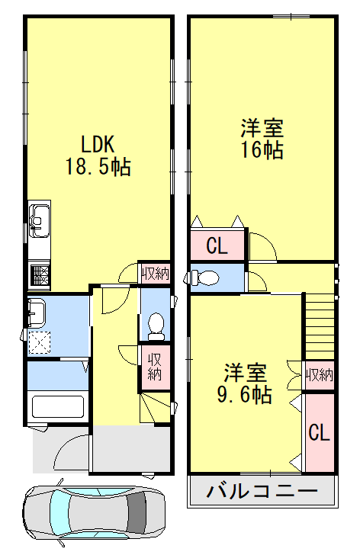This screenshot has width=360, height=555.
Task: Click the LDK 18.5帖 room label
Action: click(x=98, y=156)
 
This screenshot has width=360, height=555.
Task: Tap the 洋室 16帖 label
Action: click(x=262, y=139)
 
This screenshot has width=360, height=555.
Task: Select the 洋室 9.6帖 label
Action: click(x=245, y=383)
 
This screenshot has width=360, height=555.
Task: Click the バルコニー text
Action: click(x=262, y=491)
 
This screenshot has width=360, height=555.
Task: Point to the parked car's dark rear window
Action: click(x=137, y=512)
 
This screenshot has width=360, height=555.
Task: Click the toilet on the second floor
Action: click(x=204, y=277)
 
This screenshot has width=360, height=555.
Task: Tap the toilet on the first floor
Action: click(x=156, y=326)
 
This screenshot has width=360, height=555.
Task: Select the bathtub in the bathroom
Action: click(x=58, y=407)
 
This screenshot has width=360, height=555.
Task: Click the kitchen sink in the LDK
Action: click(x=39, y=220)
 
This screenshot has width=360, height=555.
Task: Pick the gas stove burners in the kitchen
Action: click(x=40, y=275)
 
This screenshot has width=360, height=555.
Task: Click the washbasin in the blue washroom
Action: click(x=37, y=313)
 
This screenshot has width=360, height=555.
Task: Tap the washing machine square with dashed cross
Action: click(x=40, y=342)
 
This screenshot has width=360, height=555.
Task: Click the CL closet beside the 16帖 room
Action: click(x=217, y=245)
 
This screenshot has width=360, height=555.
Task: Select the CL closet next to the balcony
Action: click(x=320, y=432)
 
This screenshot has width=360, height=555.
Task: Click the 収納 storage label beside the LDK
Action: click(x=156, y=274)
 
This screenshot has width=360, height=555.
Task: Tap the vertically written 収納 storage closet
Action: click(x=155, y=367)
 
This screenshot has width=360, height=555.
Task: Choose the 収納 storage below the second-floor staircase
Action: click(x=320, y=375)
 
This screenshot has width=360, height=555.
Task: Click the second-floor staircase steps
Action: click(x=320, y=326)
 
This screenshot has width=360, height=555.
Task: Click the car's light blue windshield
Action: click(x=58, y=512)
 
